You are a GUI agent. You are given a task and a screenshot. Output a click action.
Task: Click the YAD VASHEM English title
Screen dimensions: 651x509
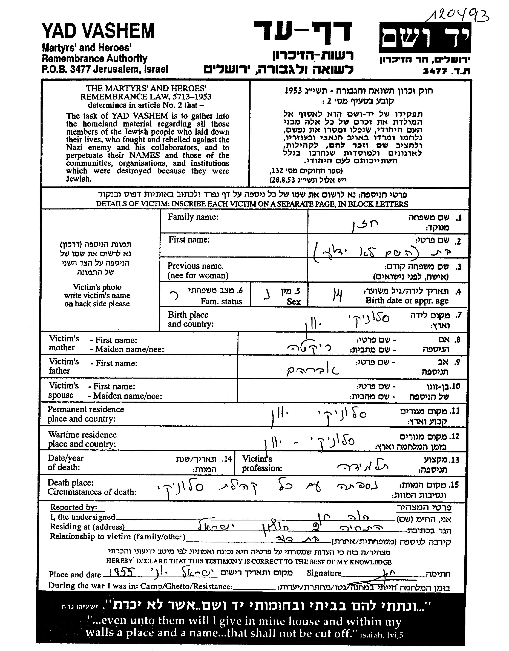coord(98,31)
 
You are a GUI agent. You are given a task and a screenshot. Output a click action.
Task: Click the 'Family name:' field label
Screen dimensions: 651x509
coord(193,217)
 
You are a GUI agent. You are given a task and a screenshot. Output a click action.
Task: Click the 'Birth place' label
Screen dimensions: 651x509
coord(188,315)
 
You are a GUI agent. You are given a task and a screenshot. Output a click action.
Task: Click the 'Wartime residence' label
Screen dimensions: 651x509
coord(82,435)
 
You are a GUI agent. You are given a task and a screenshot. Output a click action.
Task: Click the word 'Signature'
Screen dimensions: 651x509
coord(324,573)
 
